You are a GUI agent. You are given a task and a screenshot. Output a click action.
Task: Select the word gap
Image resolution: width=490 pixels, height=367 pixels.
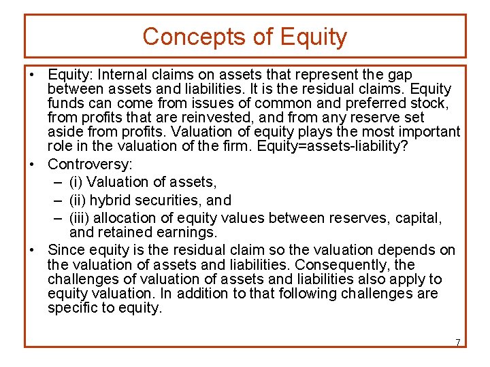pos(399,75)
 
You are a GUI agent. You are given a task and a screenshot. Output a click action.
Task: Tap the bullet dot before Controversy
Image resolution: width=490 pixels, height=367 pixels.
pos(33,164)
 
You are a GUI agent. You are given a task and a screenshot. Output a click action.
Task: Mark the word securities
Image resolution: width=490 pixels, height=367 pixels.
pos(166,200)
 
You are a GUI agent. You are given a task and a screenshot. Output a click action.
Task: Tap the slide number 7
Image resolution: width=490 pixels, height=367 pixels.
pos(457,342)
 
